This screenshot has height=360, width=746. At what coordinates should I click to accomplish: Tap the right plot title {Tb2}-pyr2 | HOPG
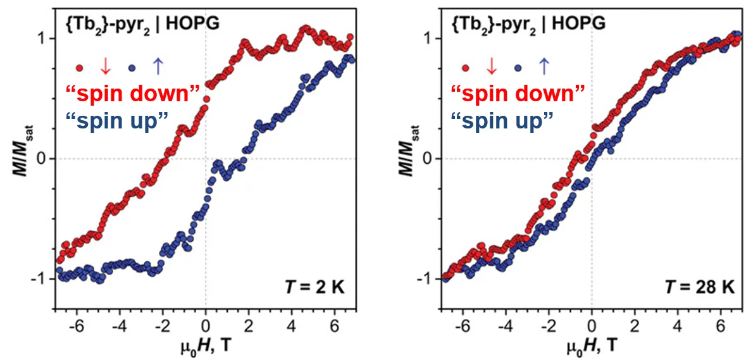pyautogui.click(x=528, y=24)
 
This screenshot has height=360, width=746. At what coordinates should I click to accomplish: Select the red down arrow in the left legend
pyautogui.click(x=106, y=66)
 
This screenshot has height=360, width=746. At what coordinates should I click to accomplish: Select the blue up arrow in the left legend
pyautogui.click(x=158, y=65)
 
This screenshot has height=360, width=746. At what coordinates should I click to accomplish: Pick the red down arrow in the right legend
pyautogui.click(x=491, y=66)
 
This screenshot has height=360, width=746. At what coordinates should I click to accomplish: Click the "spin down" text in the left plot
pyautogui.click(x=133, y=94)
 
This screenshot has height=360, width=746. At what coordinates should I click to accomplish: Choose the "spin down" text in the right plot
pyautogui.click(x=518, y=94)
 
